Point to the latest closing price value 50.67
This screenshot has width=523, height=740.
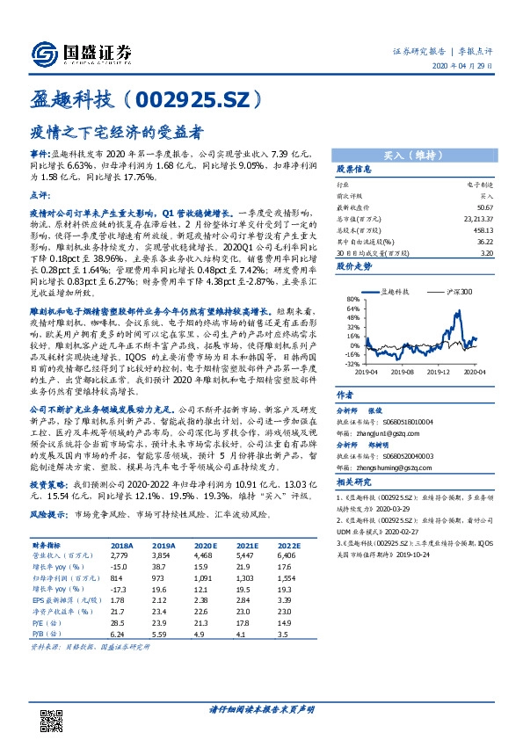tap(485, 207)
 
